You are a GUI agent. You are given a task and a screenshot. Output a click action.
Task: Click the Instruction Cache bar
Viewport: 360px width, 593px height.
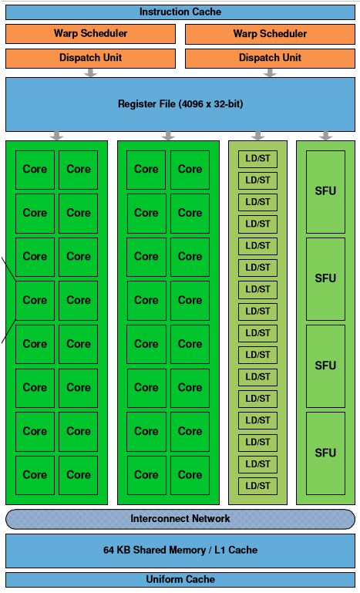(180, 12)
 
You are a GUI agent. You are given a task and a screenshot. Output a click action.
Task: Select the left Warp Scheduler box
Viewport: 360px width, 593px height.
(90, 34)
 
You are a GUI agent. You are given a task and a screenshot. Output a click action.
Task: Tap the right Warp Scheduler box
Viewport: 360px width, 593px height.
(270, 34)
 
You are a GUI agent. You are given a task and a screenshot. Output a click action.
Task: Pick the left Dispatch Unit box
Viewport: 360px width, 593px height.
(90, 58)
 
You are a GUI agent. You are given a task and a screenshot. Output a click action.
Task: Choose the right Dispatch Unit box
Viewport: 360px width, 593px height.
(270, 58)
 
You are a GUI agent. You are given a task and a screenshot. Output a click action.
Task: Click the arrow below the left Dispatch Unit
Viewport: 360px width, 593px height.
(90, 72)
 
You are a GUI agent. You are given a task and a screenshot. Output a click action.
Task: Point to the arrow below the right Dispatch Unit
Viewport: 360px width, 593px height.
(270, 72)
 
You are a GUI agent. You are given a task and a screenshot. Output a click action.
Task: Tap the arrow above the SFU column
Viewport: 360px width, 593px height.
(325, 136)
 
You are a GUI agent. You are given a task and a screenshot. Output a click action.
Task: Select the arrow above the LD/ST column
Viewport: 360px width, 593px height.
(257, 136)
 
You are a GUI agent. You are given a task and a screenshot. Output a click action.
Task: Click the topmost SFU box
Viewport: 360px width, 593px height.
(325, 191)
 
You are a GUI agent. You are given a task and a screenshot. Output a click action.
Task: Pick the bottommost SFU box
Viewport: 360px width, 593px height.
(325, 453)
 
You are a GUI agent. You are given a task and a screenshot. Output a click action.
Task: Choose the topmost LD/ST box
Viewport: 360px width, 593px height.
(257, 158)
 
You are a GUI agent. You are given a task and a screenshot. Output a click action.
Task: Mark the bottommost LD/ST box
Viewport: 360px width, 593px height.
(257, 486)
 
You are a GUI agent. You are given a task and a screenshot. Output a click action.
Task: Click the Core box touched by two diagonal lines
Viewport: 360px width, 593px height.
(35, 300)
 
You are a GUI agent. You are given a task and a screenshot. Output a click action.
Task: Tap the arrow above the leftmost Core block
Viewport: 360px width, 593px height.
(56, 136)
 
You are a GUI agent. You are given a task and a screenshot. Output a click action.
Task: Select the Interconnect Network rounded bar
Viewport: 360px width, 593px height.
(180, 519)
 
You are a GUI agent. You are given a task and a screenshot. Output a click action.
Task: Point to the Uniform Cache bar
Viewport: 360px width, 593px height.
(180, 580)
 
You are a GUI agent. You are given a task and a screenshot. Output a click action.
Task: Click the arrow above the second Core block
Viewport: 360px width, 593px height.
(168, 136)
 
